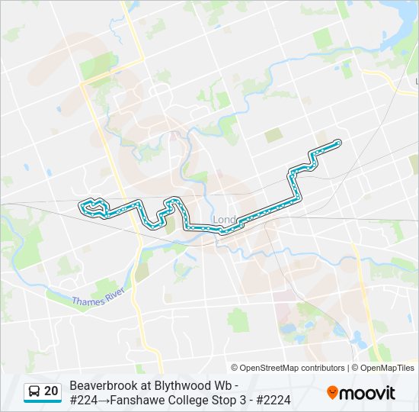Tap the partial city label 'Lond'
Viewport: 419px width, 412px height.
(224, 220)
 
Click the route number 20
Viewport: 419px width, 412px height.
(51, 391)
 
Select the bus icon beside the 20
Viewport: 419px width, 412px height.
(34, 391)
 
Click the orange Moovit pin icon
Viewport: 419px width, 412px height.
(333, 392)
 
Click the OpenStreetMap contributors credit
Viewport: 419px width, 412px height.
(292, 368)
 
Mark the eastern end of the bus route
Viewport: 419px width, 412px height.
(337, 143)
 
